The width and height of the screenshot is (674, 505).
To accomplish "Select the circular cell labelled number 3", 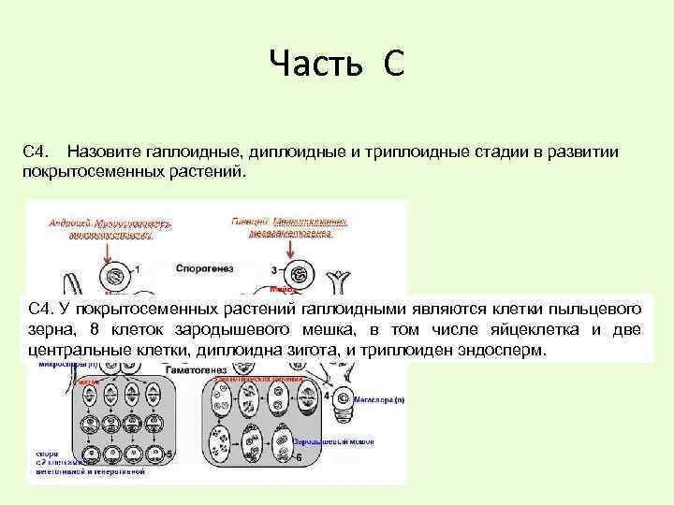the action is [x=300, y=275].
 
